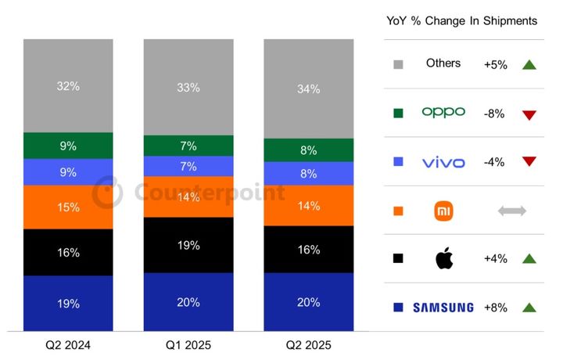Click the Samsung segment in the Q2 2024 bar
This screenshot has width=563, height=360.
tap(68, 303)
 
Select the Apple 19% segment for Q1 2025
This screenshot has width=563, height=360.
tap(188, 245)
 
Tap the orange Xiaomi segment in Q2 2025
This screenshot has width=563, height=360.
tap(308, 206)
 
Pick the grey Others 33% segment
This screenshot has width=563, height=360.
tap(188, 87)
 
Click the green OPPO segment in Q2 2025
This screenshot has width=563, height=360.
tap(308, 150)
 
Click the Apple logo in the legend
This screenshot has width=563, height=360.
tap(443, 259)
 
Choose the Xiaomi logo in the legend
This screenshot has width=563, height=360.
tap(443, 211)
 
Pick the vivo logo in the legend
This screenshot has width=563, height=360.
tap(443, 162)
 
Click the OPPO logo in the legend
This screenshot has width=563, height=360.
tap(443, 112)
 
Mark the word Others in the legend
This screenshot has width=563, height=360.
tap(443, 63)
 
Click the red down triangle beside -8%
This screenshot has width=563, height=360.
tap(529, 114)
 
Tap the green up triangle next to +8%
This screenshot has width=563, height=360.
tap(529, 308)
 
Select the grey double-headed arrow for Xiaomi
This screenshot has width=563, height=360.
tap(512, 211)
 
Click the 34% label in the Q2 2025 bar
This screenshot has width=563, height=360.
tap(308, 89)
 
